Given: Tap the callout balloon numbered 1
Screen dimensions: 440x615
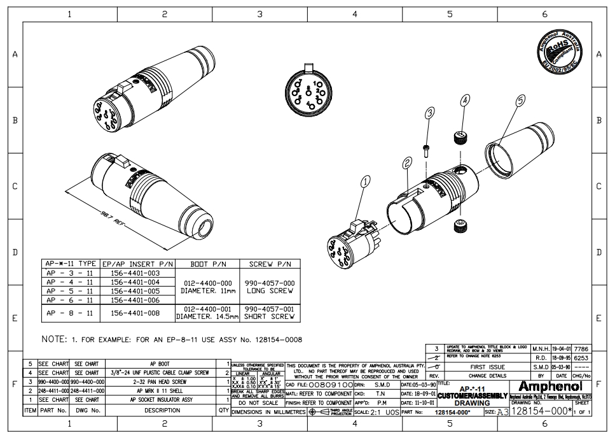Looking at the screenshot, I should pyautogui.click(x=366, y=183).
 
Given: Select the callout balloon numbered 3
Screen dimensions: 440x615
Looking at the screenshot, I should pyautogui.click(x=430, y=113).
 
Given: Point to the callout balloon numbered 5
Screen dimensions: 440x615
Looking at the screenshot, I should pyautogui.click(x=521, y=101).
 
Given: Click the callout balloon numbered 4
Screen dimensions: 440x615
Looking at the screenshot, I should pyautogui.click(x=465, y=101).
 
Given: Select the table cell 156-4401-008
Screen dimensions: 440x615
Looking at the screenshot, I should pyautogui.click(x=134, y=313).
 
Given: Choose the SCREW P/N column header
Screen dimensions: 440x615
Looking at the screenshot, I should pyautogui.click(x=270, y=264).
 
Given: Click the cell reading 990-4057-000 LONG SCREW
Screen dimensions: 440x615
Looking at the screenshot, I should pyautogui.click(x=270, y=287).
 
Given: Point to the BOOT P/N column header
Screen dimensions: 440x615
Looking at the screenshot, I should pyautogui.click(x=208, y=264).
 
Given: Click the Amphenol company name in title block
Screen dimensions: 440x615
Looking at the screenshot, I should pyautogui.click(x=550, y=386).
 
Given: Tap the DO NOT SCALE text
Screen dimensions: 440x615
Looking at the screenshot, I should pyautogui.click(x=257, y=403).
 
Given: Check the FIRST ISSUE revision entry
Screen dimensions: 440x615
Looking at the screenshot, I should pyautogui.click(x=487, y=367).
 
